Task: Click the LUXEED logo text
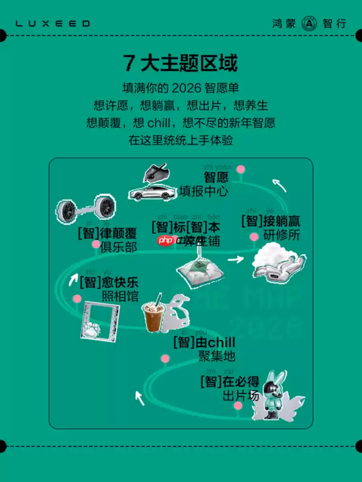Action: point(52,23)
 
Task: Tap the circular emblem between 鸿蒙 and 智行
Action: point(309,23)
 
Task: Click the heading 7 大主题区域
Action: point(180,62)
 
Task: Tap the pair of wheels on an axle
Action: point(85,210)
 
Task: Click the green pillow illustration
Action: point(200,269)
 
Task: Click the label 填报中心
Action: point(203,192)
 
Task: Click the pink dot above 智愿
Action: point(241,169)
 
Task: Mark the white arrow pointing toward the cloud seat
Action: point(235,260)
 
